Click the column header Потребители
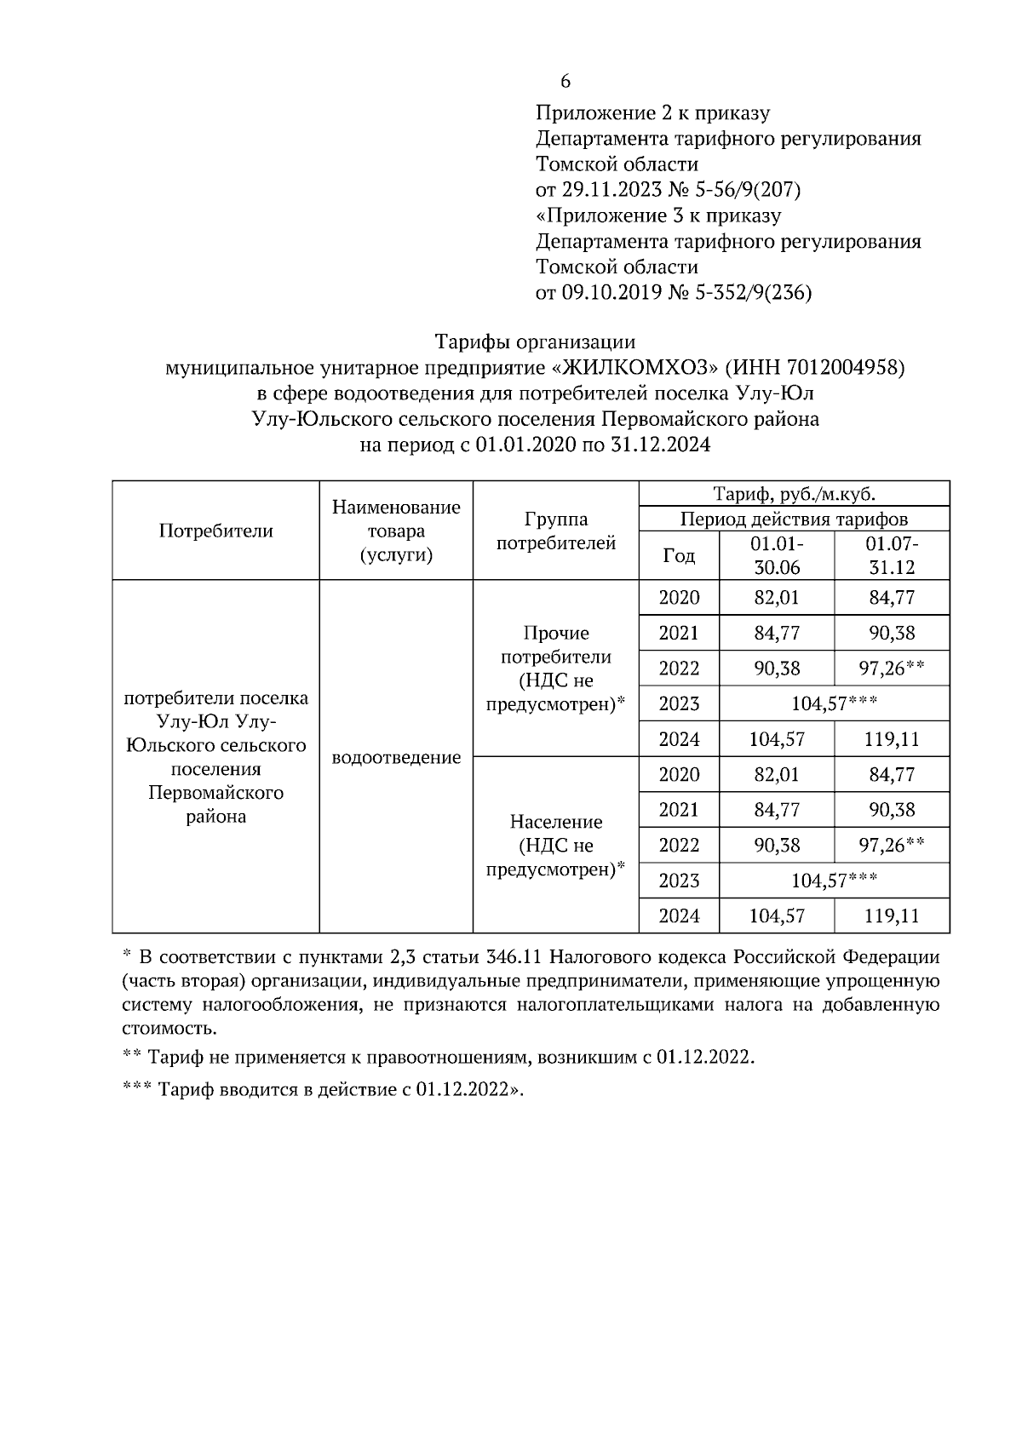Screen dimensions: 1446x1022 pos(215,531)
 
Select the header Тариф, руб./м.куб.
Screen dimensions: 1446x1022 pos(794,494)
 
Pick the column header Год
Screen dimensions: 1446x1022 pos(679,556)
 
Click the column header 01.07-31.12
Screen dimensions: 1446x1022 pos(892,555)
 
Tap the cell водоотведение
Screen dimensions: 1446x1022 pos(396,757)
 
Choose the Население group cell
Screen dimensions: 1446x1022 pos(555,845)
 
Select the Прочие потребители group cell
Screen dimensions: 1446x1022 pos(555,668)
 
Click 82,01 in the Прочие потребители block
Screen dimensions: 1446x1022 pos(776,598)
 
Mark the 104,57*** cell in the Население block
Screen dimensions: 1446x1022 pos(834,881)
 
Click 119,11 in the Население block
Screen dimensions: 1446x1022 pos(892,916)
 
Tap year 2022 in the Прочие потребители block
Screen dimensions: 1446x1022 pos(679,668)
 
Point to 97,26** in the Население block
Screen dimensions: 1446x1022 pos(892,845)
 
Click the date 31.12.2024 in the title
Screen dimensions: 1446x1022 pos(660,445)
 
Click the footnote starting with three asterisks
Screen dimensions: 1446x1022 pos(323,1090)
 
